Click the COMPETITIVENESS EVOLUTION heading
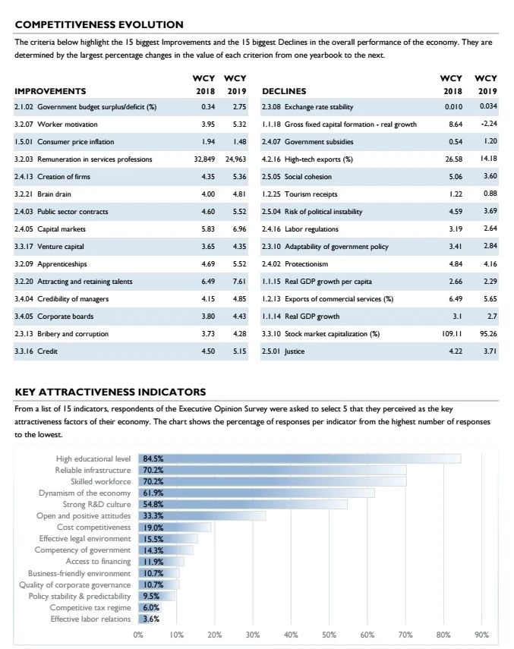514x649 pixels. tap(99, 25)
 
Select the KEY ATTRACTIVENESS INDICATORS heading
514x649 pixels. tap(111, 392)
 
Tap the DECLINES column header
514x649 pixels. tap(283, 90)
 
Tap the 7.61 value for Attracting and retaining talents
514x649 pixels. tap(239, 282)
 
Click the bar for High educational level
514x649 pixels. tap(300, 458)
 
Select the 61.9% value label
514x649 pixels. tap(153, 493)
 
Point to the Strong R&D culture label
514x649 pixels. tap(96, 504)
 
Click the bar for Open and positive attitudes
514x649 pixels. tap(202, 515)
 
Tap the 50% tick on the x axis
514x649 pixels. tap(329, 635)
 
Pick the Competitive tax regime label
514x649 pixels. tap(90, 607)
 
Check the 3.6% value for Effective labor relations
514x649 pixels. tap(151, 619)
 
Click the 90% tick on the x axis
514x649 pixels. tap(481, 635)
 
